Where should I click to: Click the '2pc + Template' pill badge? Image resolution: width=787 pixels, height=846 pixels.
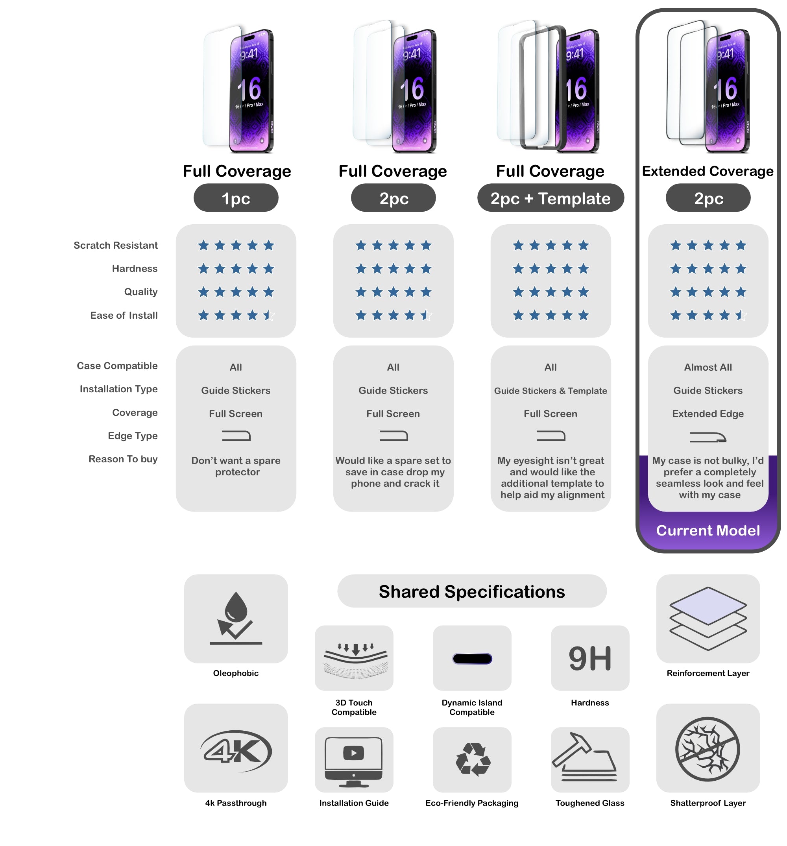(x=551, y=198)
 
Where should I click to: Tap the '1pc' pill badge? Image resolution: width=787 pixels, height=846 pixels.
(x=236, y=198)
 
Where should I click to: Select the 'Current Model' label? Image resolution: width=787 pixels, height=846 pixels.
(x=708, y=530)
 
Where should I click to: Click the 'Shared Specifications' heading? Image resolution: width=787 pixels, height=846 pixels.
(x=471, y=591)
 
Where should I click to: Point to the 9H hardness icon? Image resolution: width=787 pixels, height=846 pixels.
(x=589, y=658)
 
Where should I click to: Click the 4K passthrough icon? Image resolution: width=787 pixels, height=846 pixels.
(x=236, y=751)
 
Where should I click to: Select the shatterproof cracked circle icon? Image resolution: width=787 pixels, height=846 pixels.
(x=708, y=749)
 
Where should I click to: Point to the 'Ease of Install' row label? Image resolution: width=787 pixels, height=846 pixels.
(x=124, y=315)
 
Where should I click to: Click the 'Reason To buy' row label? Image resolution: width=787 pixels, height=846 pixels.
(x=123, y=459)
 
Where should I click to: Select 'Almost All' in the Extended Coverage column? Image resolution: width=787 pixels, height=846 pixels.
(x=708, y=367)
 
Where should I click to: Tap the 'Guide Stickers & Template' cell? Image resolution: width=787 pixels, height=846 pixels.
(x=551, y=391)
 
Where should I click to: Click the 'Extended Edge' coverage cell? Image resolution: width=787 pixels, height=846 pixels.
(x=708, y=414)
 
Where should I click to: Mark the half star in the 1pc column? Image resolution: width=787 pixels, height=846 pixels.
(x=269, y=315)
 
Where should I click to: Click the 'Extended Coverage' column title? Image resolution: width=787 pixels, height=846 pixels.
(x=708, y=171)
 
